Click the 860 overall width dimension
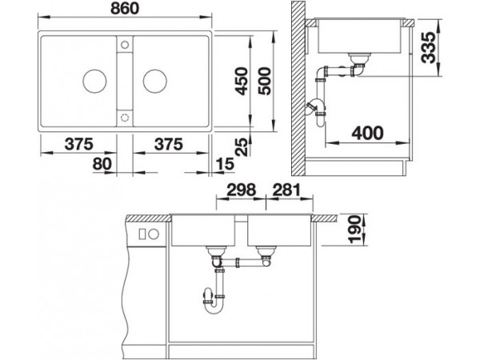(125, 9)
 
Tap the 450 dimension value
(241, 81)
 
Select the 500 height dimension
(265, 81)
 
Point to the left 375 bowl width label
(78, 144)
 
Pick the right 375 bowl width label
(169, 144)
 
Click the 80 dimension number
(102, 164)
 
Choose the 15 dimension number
(225, 164)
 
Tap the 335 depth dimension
(428, 47)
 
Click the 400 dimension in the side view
(367, 133)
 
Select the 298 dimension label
(241, 190)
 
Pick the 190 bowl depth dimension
(354, 230)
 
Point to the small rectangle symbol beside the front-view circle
(142, 234)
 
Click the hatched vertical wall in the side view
(298, 88)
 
